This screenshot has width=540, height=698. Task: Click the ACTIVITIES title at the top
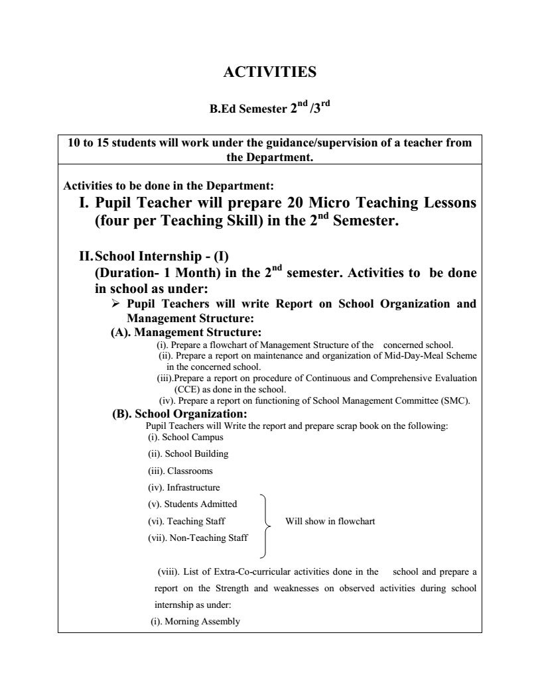pyautogui.click(x=269, y=72)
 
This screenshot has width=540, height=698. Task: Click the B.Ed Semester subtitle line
pyautogui.click(x=269, y=108)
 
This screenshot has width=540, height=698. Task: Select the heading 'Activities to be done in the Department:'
pyautogui.click(x=168, y=185)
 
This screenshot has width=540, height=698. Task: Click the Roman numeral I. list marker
pyautogui.click(x=84, y=202)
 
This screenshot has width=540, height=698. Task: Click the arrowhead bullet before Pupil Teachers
pyautogui.click(x=115, y=304)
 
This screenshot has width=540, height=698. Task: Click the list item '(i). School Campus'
pyautogui.click(x=185, y=437)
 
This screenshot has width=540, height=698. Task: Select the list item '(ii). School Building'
pyautogui.click(x=188, y=454)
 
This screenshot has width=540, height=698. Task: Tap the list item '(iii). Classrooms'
pyautogui.click(x=180, y=471)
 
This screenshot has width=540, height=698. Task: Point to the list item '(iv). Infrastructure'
pyautogui.click(x=184, y=488)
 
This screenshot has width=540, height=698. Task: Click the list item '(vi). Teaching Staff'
pyautogui.click(x=186, y=521)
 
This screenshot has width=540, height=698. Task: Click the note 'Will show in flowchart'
pyautogui.click(x=330, y=521)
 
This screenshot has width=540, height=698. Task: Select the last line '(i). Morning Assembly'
pyautogui.click(x=194, y=622)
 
